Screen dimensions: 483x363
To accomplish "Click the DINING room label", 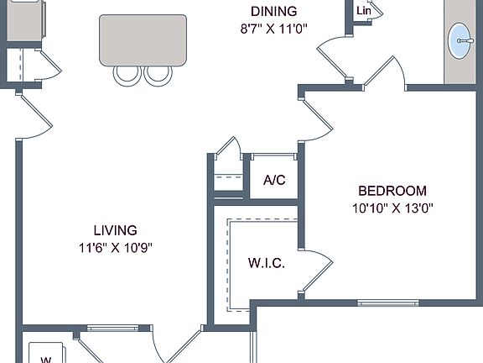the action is coord(274,12).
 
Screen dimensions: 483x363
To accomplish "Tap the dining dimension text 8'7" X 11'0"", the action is coord(274,29).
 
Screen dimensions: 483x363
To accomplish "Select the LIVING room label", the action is coord(115,230).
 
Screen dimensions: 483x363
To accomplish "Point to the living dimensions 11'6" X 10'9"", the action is coord(116,248).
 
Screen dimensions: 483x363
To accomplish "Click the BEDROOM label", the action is coord(392,191).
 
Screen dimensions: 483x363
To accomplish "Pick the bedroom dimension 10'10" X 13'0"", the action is coord(392,208).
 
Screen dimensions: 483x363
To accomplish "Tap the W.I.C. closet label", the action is coord(267,263).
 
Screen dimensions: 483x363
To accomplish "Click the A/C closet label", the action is coord(274,180).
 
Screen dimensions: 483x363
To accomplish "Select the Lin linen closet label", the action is coord(363,11).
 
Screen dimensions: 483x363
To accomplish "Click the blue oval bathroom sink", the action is coord(460,40).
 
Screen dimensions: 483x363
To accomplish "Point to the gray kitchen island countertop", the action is coord(143,40).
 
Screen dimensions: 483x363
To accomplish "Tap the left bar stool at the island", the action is coord(127,76).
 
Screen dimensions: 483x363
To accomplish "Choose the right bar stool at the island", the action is coord(158,76).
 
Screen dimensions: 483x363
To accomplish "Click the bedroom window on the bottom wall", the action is coord(387,302).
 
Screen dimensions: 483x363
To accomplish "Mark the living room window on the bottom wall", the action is coord(112,328).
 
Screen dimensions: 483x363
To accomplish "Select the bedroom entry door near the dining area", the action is coord(316,118).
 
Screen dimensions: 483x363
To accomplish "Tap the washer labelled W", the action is coord(46,354).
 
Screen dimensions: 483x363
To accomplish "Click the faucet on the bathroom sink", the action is coord(465,40).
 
